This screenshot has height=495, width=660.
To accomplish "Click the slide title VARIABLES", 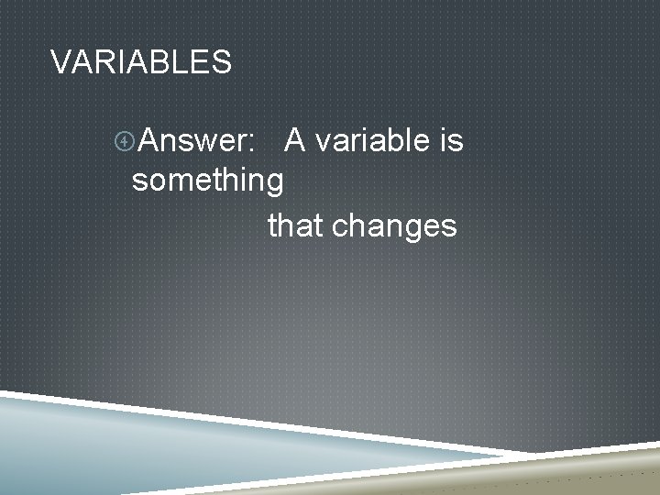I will coord(141,62).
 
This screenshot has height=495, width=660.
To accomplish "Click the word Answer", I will coord(196,141).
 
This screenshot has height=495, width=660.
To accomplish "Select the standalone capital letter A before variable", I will coord(295,140).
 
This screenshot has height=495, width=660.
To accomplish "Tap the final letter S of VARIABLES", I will coord(222,62).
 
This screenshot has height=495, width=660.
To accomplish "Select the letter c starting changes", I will coord(338,227).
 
